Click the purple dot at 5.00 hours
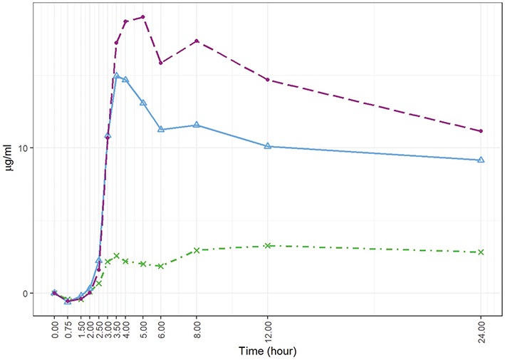[143, 16]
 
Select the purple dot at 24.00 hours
[481, 131]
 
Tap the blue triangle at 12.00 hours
[268, 146]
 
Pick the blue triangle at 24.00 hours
[481, 160]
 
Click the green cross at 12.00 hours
[268, 246]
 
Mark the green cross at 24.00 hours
[481, 252]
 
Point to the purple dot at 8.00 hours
[197, 41]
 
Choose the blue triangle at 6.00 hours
[161, 129]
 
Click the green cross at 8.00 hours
[197, 250]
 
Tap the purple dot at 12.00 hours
[268, 80]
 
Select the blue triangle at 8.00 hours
[197, 125]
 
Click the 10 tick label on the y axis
[36, 148]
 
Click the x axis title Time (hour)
[268, 351]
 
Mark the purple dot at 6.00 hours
[161, 63]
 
